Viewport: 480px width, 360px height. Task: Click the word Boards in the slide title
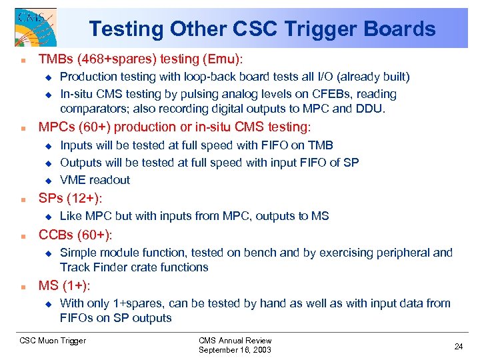pos(403,29)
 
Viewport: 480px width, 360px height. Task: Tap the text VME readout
pos(95,179)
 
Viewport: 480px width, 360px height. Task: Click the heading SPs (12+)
pos(75,199)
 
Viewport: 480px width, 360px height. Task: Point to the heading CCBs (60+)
pos(75,235)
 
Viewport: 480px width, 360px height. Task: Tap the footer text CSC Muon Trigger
pos(53,341)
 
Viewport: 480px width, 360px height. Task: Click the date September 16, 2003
pos(235,349)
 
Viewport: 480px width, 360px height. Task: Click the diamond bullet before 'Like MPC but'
pos(47,217)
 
